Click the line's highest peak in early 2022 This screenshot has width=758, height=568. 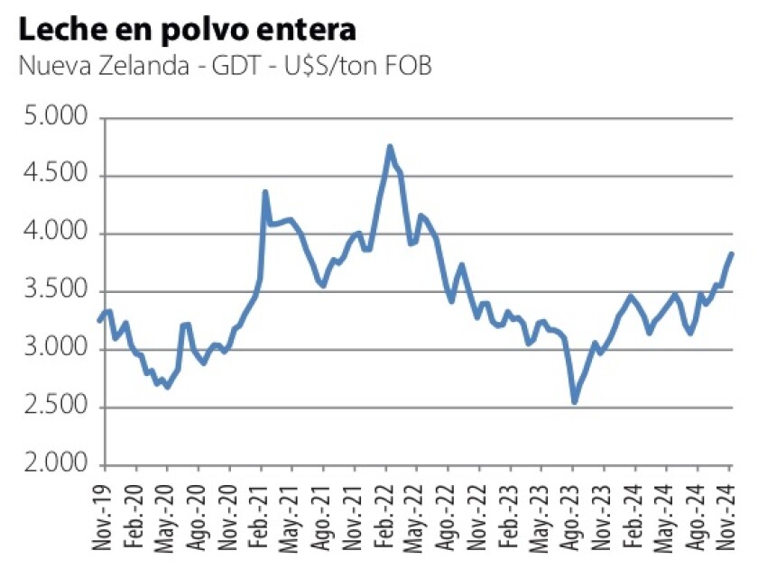tap(390, 146)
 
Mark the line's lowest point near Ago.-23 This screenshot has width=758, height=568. tap(574, 402)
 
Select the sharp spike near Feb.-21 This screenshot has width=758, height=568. tap(265, 191)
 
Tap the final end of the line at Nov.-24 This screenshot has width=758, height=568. tap(732, 253)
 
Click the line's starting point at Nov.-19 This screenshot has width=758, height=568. tap(99, 320)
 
